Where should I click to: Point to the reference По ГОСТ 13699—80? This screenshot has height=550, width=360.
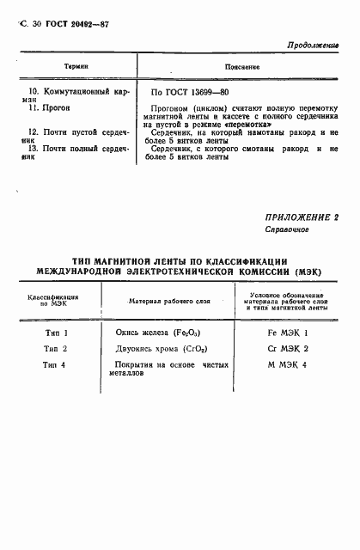click(191, 90)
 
